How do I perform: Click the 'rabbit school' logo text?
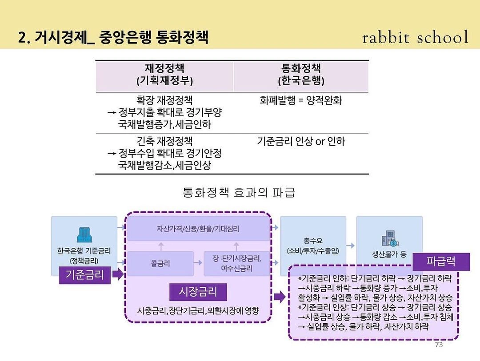[415, 38]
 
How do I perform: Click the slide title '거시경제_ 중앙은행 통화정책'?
[113, 37]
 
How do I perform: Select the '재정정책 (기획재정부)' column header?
[164, 75]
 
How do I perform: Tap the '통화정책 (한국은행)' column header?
[301, 75]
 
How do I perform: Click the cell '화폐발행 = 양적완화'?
[301, 100]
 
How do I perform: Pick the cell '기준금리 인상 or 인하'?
[301, 142]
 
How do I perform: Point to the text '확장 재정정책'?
[164, 100]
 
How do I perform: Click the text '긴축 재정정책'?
[164, 142]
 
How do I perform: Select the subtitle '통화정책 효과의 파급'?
[239, 193]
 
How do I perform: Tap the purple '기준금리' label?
[85, 274]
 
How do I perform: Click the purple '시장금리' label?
[198, 292]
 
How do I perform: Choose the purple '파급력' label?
[441, 262]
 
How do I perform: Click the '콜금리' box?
[160, 263]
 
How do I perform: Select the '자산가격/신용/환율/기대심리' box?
[198, 229]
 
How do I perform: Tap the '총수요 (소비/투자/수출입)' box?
[313, 246]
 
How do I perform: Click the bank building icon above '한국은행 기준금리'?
[84, 234]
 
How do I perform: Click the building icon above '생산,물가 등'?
[389, 240]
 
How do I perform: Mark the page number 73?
[439, 345]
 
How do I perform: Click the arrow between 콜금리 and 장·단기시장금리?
[199, 263]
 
